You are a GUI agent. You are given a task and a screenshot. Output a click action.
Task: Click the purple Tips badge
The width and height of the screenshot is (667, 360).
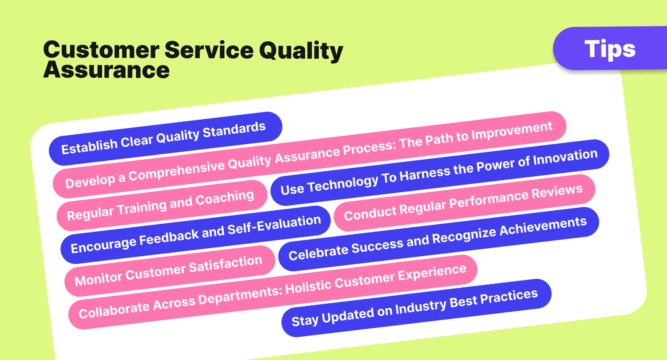tap(610, 49)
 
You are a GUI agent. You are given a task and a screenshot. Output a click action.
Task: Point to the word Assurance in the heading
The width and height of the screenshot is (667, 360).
tap(107, 70)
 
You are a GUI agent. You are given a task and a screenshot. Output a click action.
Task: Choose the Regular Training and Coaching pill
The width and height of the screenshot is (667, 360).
tap(161, 205)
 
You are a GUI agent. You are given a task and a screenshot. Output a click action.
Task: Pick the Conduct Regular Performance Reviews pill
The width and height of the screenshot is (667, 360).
tap(464, 203)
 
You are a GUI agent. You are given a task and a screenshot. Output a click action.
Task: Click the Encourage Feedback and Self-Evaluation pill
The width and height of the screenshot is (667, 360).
tap(196, 235)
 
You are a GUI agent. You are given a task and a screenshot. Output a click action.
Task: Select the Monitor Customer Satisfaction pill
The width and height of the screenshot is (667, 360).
tap(169, 271)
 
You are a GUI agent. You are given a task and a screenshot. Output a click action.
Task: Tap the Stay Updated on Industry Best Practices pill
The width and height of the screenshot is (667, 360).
tap(415, 307)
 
